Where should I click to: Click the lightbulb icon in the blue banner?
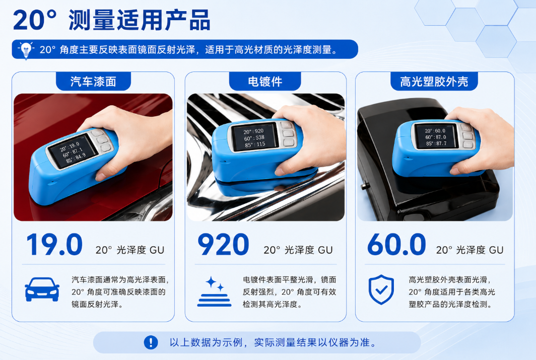point(26,50)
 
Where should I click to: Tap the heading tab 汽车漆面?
point(93,81)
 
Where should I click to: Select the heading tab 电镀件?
point(265,81)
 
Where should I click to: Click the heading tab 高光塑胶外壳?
point(434,81)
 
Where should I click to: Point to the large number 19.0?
point(54,244)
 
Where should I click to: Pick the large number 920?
point(223,244)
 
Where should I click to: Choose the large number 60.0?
point(396,244)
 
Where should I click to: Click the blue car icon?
point(42,290)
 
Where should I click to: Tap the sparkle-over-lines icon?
point(214,292)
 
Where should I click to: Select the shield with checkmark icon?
point(381,290)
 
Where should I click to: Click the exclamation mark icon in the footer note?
point(151,342)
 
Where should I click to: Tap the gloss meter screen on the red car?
point(72,151)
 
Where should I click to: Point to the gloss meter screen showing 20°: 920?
point(254,137)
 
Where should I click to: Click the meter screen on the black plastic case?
point(436,136)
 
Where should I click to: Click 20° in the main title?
point(35,21)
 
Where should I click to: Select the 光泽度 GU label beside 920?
point(308,250)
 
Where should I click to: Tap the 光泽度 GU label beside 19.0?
point(140,250)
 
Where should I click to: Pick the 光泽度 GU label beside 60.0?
point(480,250)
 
